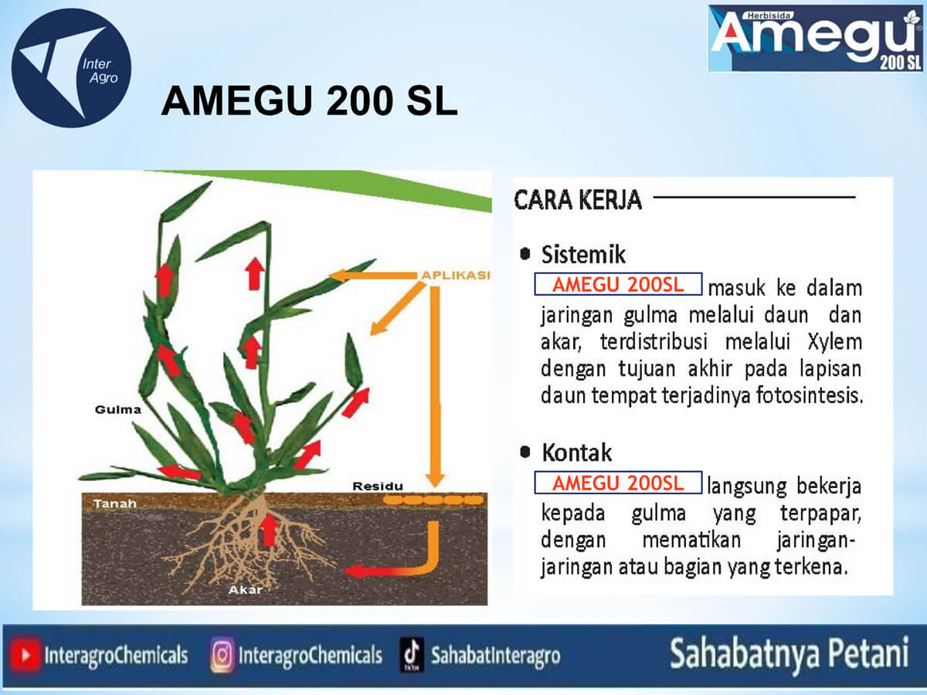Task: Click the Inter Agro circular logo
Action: point(71,68)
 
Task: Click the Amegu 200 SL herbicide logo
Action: point(815,39)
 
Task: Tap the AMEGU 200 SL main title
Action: point(309,100)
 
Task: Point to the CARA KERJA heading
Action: point(578,199)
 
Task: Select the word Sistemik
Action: point(583,255)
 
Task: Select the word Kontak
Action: point(577,453)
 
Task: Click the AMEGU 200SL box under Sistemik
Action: point(618,284)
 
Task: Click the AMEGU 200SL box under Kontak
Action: point(618,483)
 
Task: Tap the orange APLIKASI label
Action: point(456,275)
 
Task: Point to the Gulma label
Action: point(118,410)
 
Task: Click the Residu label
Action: point(378,486)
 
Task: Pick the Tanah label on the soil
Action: point(115,503)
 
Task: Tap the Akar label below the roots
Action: point(246,590)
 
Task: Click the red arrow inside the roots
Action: point(269,531)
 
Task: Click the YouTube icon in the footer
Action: point(25,656)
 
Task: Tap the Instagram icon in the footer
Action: point(222,655)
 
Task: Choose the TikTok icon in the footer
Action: point(412,655)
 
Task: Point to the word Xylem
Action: point(834,341)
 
